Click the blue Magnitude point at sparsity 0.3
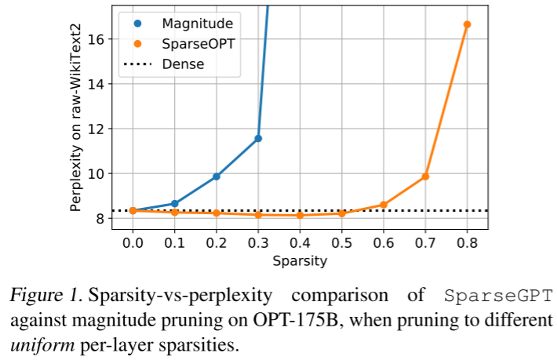tap(258, 138)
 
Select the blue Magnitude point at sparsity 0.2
tap(217, 176)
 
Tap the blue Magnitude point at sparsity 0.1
tap(174, 204)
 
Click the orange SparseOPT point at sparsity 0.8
tap(467, 24)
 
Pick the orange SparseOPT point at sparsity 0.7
tap(425, 176)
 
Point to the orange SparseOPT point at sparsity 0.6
tap(384, 205)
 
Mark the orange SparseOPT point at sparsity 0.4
tap(300, 215)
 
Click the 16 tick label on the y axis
tap(103, 39)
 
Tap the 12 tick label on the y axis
tap(103, 129)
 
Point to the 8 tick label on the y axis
tap(106, 218)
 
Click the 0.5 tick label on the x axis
tap(342, 242)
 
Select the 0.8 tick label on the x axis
tap(467, 242)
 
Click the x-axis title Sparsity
tap(300, 261)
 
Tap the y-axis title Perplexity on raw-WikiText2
tap(75, 128)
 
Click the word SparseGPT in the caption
tap(499, 296)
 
